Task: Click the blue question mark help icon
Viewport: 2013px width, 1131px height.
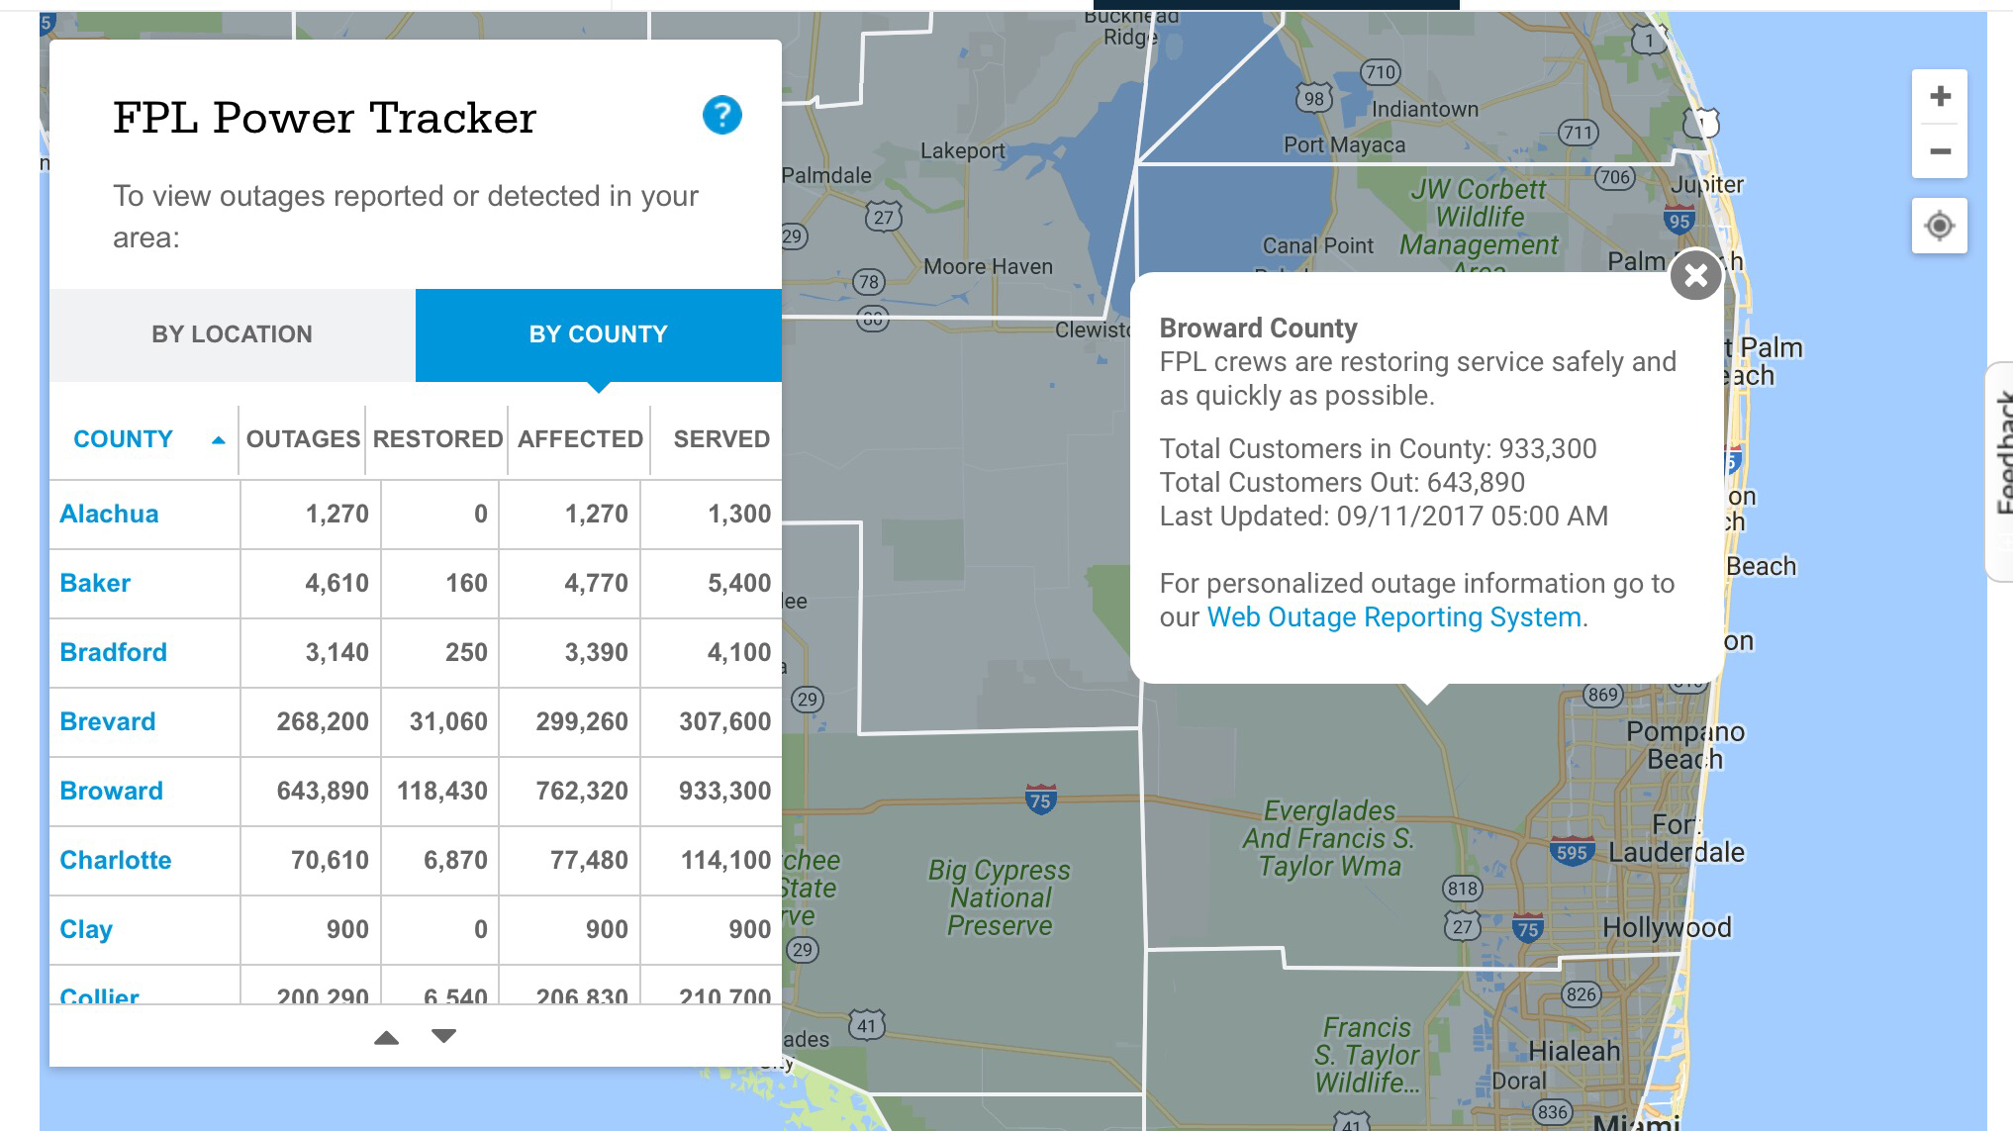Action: tap(722, 116)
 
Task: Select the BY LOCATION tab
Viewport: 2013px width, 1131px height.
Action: tap(232, 334)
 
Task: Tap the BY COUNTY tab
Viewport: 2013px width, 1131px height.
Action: tap(598, 334)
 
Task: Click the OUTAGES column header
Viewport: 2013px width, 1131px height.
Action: tap(303, 439)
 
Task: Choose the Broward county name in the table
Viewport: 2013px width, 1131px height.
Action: tap(111, 791)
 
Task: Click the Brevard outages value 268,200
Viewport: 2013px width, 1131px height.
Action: tap(323, 721)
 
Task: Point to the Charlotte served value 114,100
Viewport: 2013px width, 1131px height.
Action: tap(725, 860)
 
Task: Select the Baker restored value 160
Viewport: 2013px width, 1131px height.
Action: tap(466, 583)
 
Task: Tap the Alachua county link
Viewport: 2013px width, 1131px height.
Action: tap(109, 514)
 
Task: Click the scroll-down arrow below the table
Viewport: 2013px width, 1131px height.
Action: tap(444, 1036)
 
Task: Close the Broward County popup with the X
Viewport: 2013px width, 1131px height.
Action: tap(1696, 275)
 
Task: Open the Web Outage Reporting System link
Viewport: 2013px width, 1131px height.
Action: tap(1393, 617)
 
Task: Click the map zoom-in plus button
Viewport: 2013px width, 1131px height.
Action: tap(1940, 97)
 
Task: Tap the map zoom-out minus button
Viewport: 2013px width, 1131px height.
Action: tap(1940, 151)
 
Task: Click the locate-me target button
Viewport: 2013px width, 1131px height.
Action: tap(1940, 226)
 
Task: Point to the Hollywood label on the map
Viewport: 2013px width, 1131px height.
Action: tap(1667, 927)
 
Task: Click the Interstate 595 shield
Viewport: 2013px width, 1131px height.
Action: tap(1572, 852)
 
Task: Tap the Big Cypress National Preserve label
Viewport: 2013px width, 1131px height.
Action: tap(1000, 897)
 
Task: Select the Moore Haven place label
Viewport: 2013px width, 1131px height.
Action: tap(988, 266)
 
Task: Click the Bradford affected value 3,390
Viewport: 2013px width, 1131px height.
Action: tap(596, 652)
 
